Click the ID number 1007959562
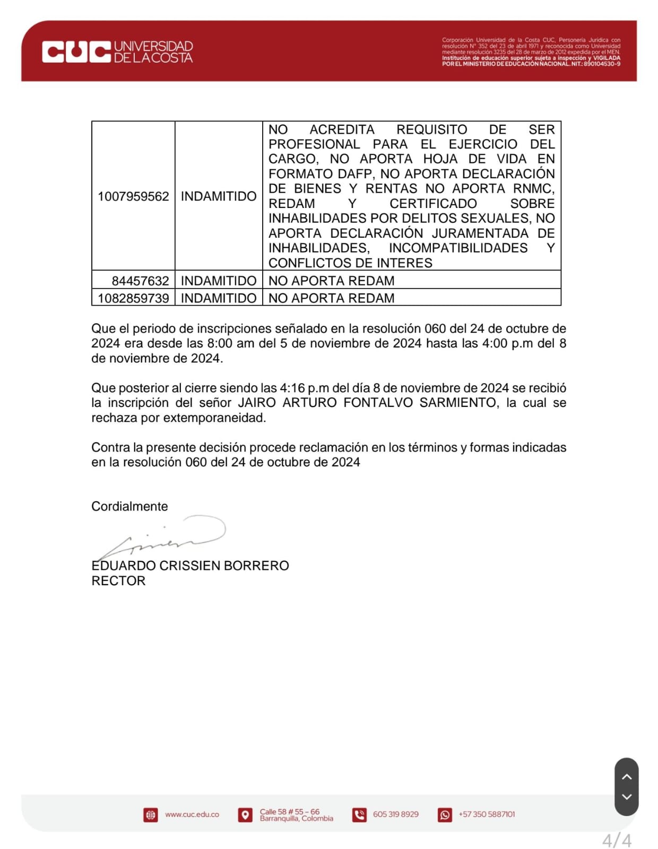coord(133,196)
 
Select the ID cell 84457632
coord(140,281)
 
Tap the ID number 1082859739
coord(133,298)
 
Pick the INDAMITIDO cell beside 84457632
coord(219,281)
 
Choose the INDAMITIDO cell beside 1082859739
coord(219,298)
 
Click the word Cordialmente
coord(129,506)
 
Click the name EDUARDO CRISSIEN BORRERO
coord(190,566)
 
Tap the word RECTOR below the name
coord(118,581)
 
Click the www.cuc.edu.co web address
coord(192,814)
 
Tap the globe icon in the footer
coord(151,815)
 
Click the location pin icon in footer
coord(245,815)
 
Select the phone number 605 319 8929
coord(395,814)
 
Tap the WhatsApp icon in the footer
coord(445,815)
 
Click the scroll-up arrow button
coord(626,777)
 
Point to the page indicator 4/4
coord(617,841)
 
